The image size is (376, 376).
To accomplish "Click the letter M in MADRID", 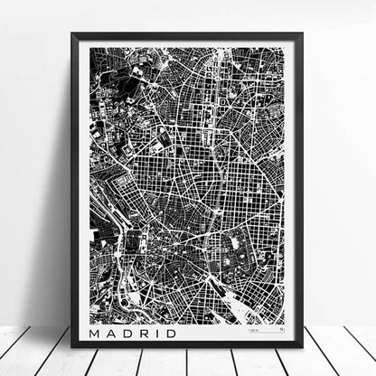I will click(x=99, y=334).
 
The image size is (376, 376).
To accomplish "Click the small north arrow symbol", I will click(x=281, y=332).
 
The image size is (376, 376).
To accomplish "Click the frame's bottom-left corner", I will click(x=73, y=347).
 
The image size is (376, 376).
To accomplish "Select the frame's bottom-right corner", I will click(x=302, y=347).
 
